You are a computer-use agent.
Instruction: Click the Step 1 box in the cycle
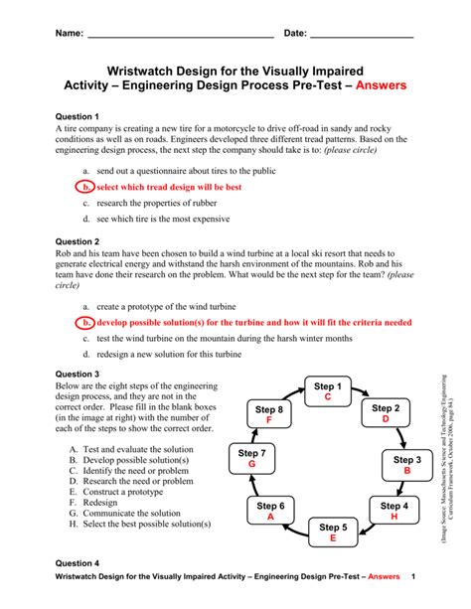coord(327,391)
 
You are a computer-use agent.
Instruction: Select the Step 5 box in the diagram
coord(333,532)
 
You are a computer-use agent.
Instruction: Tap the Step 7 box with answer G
coord(252,458)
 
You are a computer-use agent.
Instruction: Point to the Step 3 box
coord(406,465)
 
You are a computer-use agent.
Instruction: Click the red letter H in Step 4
coord(394,517)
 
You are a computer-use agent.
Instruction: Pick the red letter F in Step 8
coord(269,420)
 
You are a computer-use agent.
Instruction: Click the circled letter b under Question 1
coord(86,186)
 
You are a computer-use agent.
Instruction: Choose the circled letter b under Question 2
coord(86,322)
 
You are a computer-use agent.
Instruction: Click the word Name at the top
coord(67,34)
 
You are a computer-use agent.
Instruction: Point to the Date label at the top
coord(296,34)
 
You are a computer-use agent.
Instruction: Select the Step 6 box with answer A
coord(269,511)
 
